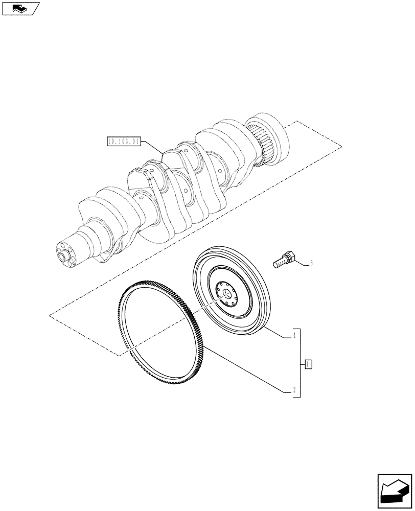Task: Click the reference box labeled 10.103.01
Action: point(123,142)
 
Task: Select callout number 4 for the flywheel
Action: point(294,336)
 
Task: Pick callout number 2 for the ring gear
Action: point(294,391)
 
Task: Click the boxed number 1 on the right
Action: point(308,364)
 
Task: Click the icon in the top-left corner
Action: point(20,8)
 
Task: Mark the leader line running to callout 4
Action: point(279,332)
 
